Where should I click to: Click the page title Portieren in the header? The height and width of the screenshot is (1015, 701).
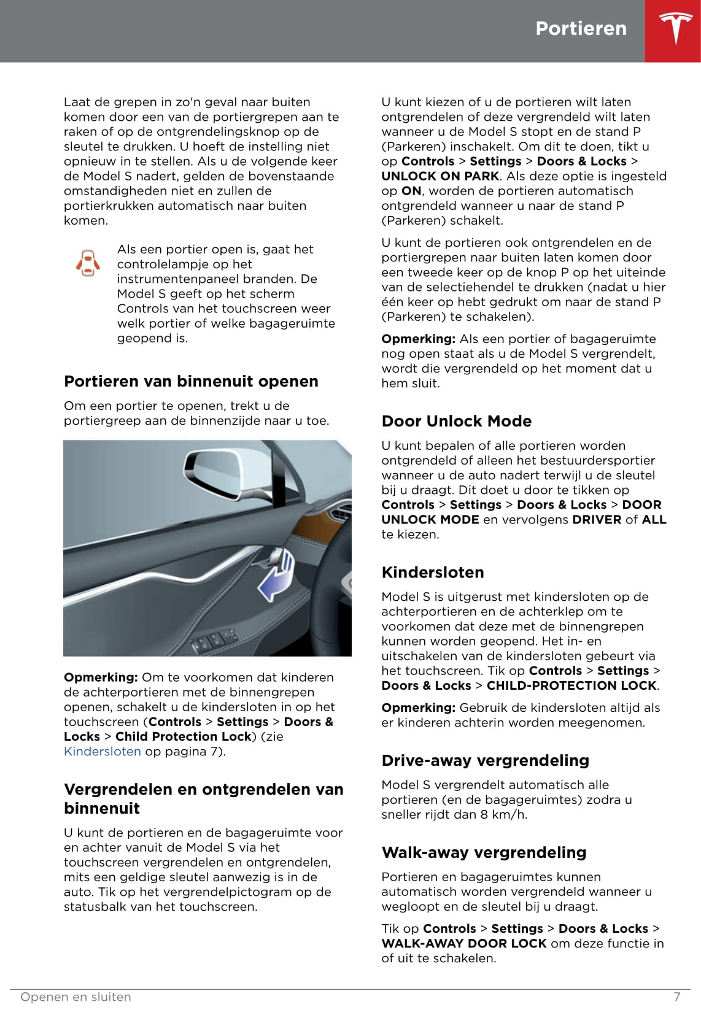tap(581, 28)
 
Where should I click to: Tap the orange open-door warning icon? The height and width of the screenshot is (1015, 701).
tap(88, 264)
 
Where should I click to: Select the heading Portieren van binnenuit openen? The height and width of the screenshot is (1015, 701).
tap(191, 381)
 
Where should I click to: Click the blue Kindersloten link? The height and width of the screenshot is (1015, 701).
tap(103, 751)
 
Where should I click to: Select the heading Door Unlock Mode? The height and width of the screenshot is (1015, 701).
tap(456, 421)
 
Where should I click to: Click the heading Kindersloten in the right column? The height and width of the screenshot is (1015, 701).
tap(433, 572)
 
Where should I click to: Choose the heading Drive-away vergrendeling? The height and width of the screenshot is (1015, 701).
tap(485, 760)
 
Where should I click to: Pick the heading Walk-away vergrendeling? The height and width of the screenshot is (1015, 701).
tap(484, 852)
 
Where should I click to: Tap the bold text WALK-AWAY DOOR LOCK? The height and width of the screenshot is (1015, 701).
tap(463, 943)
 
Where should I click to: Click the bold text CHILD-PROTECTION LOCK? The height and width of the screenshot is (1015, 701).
tap(571, 685)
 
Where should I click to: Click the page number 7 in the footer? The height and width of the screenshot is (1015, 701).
tap(677, 997)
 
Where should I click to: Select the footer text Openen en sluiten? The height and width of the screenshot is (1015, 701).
tap(76, 997)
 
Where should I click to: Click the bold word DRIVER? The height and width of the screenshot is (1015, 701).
tap(597, 519)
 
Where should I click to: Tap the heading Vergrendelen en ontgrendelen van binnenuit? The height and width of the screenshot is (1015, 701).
tap(203, 798)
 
